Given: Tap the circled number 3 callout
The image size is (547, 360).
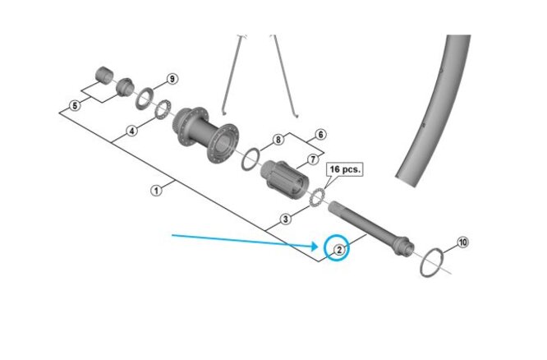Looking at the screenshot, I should tap(284, 219).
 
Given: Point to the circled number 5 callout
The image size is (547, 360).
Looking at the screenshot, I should tap(75, 105).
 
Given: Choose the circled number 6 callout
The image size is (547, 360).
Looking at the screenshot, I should tap(319, 134).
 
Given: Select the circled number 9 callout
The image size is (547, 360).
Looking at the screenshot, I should tap(172, 79).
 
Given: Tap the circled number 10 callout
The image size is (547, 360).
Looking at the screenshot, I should tap(462, 242).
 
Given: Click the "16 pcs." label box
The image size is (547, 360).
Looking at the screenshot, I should tap(345, 170).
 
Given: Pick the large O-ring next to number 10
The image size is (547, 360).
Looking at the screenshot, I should tap(433, 261).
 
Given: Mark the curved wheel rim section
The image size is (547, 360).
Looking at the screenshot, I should tap(427, 115).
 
